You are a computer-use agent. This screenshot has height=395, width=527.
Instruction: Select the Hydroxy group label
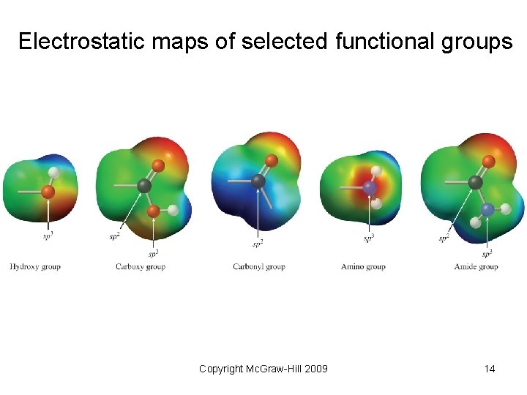pyautogui.click(x=35, y=267)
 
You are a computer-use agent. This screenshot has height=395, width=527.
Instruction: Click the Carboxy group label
pyautogui.click(x=141, y=267)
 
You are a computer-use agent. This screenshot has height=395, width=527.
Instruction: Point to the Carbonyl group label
pyautogui.click(x=259, y=267)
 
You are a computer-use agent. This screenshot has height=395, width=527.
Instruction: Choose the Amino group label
pyautogui.click(x=363, y=267)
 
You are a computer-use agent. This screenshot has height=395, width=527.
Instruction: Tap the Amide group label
pyautogui.click(x=476, y=267)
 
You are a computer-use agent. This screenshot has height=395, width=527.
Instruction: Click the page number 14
pyautogui.click(x=490, y=369)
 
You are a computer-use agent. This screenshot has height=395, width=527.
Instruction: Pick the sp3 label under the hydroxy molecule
pyautogui.click(x=48, y=236)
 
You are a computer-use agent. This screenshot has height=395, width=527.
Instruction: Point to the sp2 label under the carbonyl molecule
pyautogui.click(x=258, y=243)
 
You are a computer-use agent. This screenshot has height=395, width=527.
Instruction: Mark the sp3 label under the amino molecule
pyautogui.click(x=369, y=238)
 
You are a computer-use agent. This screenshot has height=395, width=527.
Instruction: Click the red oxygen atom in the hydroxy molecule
pyautogui.click(x=48, y=192)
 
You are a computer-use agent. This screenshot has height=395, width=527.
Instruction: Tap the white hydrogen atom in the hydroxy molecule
pyautogui.click(x=53, y=173)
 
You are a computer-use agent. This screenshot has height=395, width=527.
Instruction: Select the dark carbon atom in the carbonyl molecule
pyautogui.click(x=258, y=181)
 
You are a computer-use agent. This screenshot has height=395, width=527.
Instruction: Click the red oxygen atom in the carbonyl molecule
pyautogui.click(x=272, y=160)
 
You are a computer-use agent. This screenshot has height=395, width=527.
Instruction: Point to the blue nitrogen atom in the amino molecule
pyautogui.click(x=370, y=188)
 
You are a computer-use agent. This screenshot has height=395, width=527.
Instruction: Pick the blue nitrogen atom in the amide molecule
pyautogui.click(x=488, y=210)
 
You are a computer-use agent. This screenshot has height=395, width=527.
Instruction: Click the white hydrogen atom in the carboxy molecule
pyautogui.click(x=173, y=211)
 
